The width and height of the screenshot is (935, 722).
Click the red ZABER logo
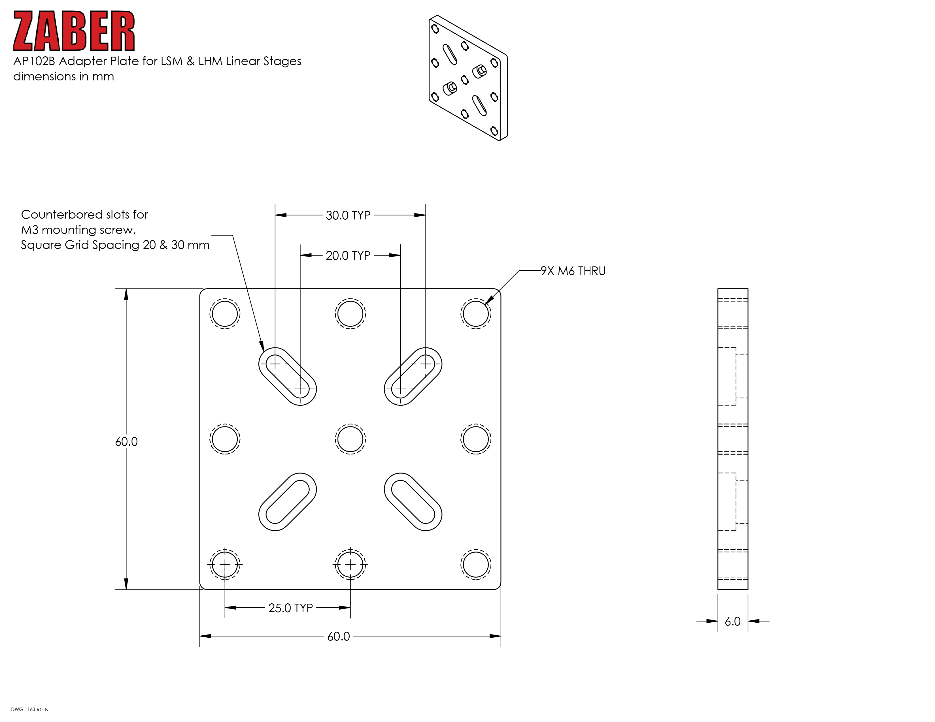[74, 31]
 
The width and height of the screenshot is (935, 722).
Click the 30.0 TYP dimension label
[348, 215]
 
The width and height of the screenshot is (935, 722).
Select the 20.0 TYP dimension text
[348, 255]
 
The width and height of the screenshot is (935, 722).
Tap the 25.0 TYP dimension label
[291, 608]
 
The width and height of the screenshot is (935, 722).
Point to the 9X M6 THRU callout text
[573, 271]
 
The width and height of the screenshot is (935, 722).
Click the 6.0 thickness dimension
[732, 621]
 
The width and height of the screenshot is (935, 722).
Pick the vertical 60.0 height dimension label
[126, 441]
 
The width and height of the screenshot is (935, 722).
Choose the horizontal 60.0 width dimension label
[339, 636]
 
